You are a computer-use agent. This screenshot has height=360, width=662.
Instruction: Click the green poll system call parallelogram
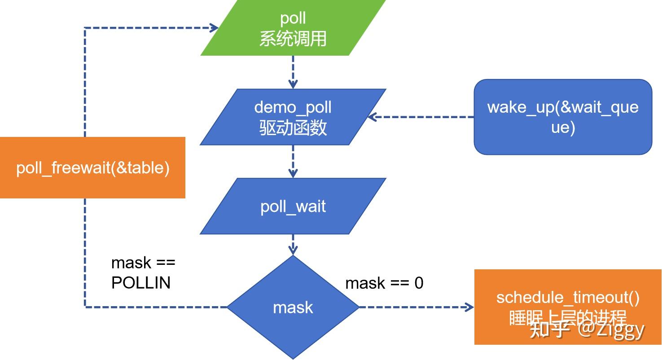point(293,28)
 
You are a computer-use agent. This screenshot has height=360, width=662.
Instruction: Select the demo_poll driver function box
point(293,117)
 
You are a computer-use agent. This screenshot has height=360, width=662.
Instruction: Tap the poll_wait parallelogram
point(293,206)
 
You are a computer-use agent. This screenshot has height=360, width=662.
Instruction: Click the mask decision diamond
point(293,307)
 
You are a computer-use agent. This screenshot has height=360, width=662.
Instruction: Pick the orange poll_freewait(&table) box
point(92,167)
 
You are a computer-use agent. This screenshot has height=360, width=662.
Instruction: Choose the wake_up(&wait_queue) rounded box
point(563,117)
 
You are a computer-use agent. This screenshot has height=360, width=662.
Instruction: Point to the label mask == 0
point(384,283)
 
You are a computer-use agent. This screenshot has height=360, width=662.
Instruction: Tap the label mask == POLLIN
point(143,272)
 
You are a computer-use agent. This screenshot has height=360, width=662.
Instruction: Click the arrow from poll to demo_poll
point(293,72)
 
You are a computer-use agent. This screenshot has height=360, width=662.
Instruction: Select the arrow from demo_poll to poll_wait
point(293,161)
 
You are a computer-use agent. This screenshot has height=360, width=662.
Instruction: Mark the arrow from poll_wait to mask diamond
point(293,244)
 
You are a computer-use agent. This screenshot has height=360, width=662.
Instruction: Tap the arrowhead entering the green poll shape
point(214,28)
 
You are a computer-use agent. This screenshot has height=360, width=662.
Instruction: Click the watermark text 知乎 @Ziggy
point(587,329)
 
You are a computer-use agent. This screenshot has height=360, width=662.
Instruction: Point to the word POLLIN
point(141,283)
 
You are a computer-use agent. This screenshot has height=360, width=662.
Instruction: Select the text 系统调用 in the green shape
point(293,39)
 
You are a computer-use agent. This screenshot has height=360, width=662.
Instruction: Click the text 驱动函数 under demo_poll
point(293,128)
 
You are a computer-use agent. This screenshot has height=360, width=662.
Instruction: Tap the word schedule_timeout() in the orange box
point(568,298)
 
